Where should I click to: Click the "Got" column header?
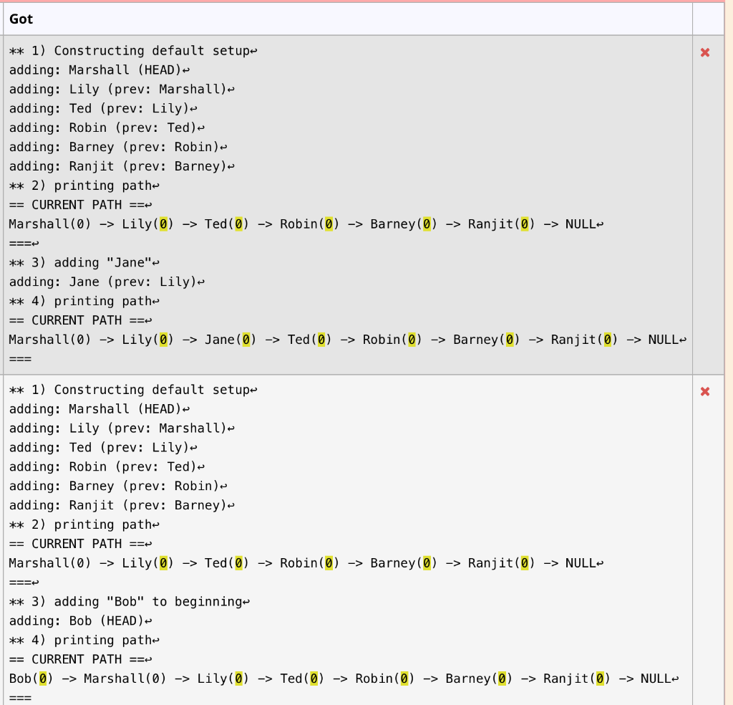pos(21,19)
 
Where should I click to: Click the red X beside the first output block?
pos(705,52)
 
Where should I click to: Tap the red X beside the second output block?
pos(705,391)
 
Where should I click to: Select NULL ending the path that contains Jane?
pos(663,340)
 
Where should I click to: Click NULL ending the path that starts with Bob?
pos(655,678)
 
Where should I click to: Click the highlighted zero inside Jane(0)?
pos(246,340)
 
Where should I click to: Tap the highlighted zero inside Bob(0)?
pos(43,678)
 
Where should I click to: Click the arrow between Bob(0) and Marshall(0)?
pos(69,678)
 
